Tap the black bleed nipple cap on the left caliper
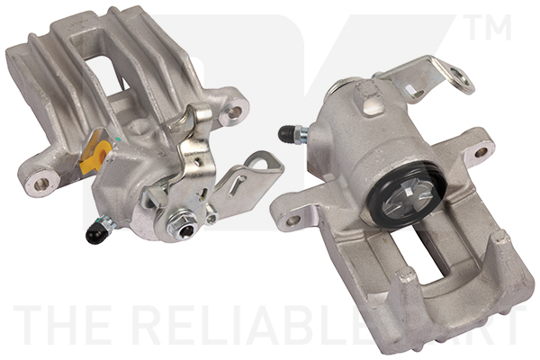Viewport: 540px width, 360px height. [x=93, y=236]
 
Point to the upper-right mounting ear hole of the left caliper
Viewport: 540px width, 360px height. [x=235, y=112]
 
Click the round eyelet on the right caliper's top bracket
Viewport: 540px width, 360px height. [x=465, y=85]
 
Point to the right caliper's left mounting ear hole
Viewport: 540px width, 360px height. [x=292, y=219]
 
